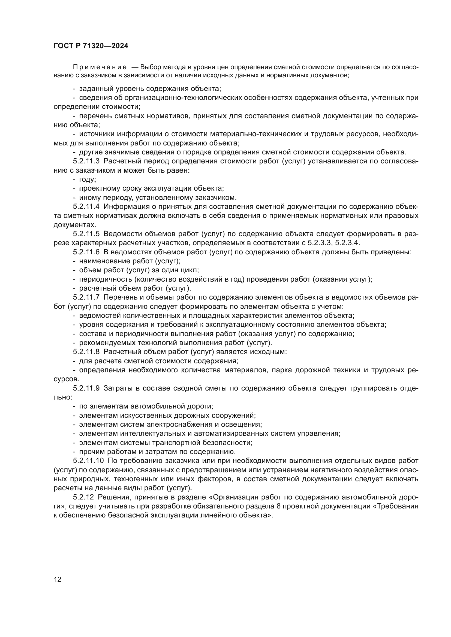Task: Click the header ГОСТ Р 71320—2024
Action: click(x=91, y=46)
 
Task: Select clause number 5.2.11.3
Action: click(x=86, y=161)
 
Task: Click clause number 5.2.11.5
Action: click(x=86, y=234)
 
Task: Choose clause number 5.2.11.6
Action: click(x=86, y=252)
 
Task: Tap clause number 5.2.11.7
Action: click(x=86, y=297)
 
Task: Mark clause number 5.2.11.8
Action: click(x=86, y=352)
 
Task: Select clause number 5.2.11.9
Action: click(x=86, y=388)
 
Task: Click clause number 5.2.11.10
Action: click(x=88, y=461)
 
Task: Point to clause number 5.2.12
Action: click(x=83, y=497)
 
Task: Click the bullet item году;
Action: click(x=88, y=179)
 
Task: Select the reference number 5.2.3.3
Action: click(x=319, y=243)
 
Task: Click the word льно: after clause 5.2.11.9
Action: click(x=63, y=397)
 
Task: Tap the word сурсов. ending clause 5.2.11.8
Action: click(x=66, y=379)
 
